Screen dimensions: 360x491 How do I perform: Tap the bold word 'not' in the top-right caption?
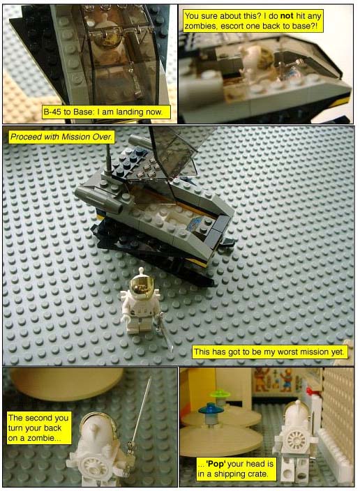[x=287, y=16]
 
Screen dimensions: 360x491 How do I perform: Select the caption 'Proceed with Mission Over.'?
[x=61, y=137]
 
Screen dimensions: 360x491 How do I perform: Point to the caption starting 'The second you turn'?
[x=39, y=428]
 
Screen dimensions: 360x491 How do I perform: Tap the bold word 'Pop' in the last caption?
[x=216, y=463]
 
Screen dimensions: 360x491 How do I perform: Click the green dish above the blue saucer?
[x=220, y=393]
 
